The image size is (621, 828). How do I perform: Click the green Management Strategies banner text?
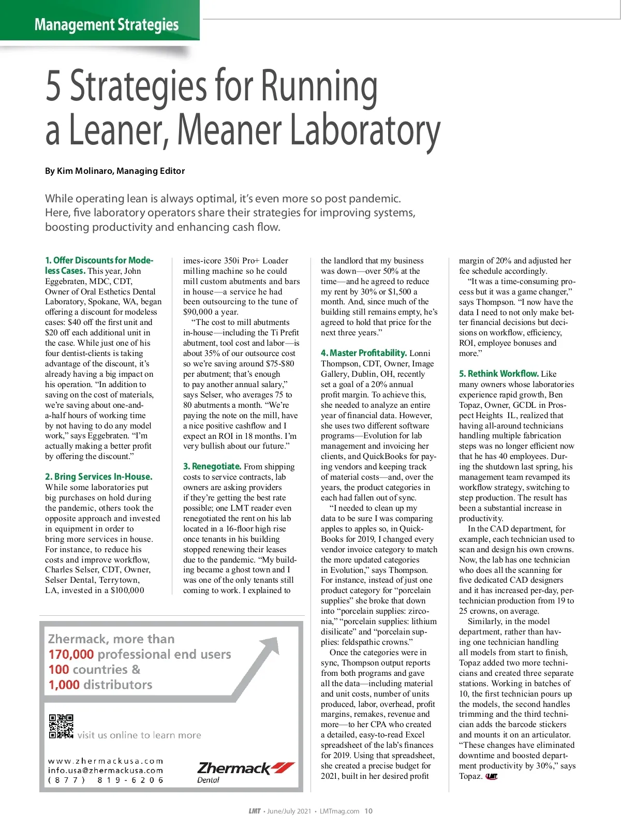pyautogui.click(x=107, y=24)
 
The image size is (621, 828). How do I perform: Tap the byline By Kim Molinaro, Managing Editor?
pyautogui.click(x=115, y=171)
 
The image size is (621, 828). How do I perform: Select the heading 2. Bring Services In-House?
pyautogui.click(x=99, y=477)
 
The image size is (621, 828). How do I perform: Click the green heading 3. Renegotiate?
pyautogui.click(x=212, y=466)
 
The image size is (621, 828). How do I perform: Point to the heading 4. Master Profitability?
pyautogui.click(x=364, y=353)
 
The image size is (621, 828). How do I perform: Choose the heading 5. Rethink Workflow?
pyautogui.click(x=498, y=374)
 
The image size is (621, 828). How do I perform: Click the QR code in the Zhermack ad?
pyautogui.click(x=61, y=726)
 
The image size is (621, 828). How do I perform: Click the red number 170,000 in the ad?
pyautogui.click(x=71, y=654)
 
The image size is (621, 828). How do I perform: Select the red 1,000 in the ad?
pyautogui.click(x=64, y=685)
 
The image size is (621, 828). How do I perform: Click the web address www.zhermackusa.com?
pyautogui.click(x=106, y=761)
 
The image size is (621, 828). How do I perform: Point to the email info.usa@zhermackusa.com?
pyautogui.click(x=106, y=770)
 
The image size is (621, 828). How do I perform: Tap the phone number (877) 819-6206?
pyautogui.click(x=106, y=780)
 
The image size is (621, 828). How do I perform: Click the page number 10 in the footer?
pyautogui.click(x=368, y=811)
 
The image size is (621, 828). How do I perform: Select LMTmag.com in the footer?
pyautogui.click(x=339, y=811)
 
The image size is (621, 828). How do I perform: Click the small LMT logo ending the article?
pyautogui.click(x=492, y=776)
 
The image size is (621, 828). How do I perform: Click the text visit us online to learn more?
pyautogui.click(x=139, y=735)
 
